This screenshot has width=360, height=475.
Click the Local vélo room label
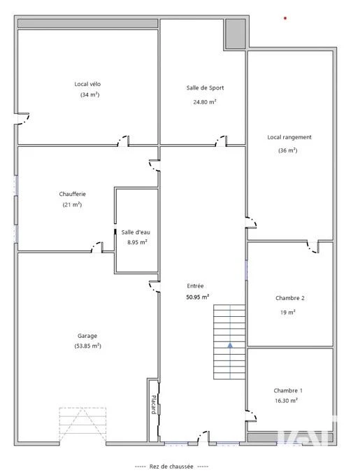pyautogui.click(x=87, y=84)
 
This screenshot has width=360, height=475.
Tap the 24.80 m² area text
pyautogui.click(x=205, y=102)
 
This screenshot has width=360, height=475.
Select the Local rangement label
pyautogui.click(x=289, y=137)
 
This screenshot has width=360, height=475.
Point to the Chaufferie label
pyautogui.click(x=73, y=194)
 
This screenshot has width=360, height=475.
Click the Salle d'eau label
pyautogui.click(x=136, y=232)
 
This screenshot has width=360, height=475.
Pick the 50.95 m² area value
pyautogui.click(x=197, y=297)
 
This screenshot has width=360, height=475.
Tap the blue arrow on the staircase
pyautogui.click(x=230, y=345)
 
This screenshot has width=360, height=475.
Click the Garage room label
pyautogui.click(x=87, y=336)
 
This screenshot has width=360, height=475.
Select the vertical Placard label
pyautogui.click(x=154, y=404)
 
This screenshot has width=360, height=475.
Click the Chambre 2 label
pyautogui.click(x=290, y=298)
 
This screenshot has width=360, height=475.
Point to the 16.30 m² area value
pyautogui.click(x=286, y=400)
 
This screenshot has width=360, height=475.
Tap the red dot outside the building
pyautogui.click(x=285, y=18)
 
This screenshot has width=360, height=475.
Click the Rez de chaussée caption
pyautogui.click(x=171, y=467)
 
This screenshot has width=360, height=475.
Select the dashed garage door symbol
pyautogui.click(x=82, y=425)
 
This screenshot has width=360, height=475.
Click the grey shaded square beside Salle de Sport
pyautogui.click(x=236, y=34)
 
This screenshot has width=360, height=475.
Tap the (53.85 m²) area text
pyautogui.click(x=88, y=346)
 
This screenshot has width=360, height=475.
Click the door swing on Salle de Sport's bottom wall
pyautogui.click(x=221, y=141)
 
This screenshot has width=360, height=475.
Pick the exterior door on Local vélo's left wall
pyautogui.click(x=22, y=118)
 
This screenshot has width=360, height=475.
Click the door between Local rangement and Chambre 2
pyautogui.click(x=313, y=247)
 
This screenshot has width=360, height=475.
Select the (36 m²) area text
pyautogui.click(x=287, y=150)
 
